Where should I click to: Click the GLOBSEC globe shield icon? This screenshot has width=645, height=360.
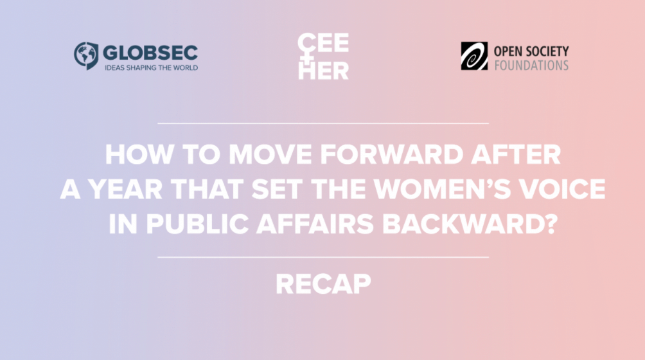coord(86,55)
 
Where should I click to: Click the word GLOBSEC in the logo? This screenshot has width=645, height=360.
coord(150,53)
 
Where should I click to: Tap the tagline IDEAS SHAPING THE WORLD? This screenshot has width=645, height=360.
coord(152,67)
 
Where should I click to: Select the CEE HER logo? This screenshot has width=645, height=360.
coord(323,57)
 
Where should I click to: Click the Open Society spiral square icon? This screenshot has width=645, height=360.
coord(474,56)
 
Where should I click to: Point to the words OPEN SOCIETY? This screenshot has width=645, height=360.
coord(531,51)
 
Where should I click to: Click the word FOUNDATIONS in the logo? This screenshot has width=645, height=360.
coord(531,66)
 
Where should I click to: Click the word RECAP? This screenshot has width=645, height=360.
coord(323,284)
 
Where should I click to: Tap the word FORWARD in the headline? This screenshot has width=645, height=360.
coord(392,154)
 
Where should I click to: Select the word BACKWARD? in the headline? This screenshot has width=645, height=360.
coord(470,224)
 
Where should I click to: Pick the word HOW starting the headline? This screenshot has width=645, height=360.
coord(139,154)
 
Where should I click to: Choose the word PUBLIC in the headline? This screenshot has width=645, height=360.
coord(197,224)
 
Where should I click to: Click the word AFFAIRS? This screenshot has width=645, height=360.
coord(315,224)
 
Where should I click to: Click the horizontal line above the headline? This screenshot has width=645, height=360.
coord(323,123)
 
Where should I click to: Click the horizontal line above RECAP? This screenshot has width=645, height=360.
coord(323,257)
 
